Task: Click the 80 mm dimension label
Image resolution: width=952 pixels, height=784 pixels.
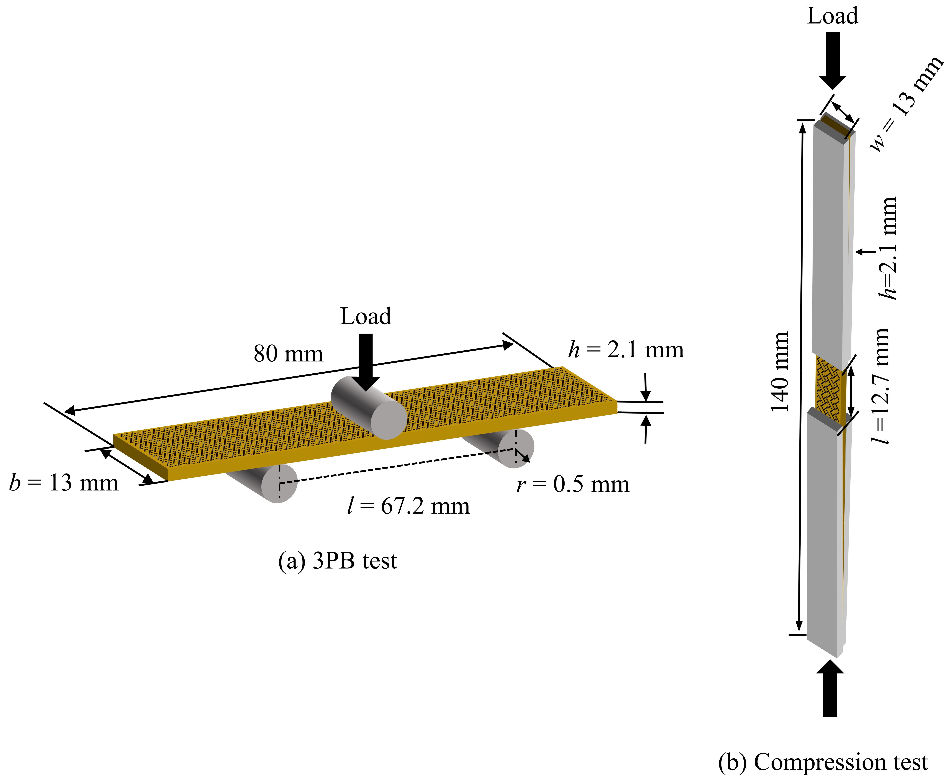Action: pos(288,354)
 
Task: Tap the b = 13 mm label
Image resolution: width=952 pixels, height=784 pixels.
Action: pos(64,483)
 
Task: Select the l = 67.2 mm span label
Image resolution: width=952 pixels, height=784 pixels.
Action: pos(408,506)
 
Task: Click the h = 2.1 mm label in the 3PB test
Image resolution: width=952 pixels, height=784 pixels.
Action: pos(626,350)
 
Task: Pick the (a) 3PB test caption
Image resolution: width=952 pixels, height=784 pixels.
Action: pos(337,561)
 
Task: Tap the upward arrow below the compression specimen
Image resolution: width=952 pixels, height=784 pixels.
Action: pos(830,689)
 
